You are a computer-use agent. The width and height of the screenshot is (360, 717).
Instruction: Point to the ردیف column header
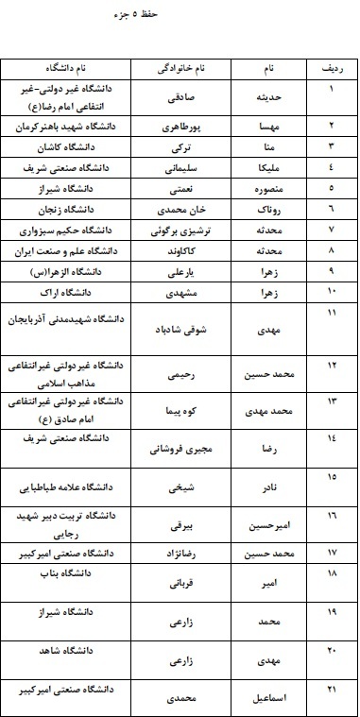332,69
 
